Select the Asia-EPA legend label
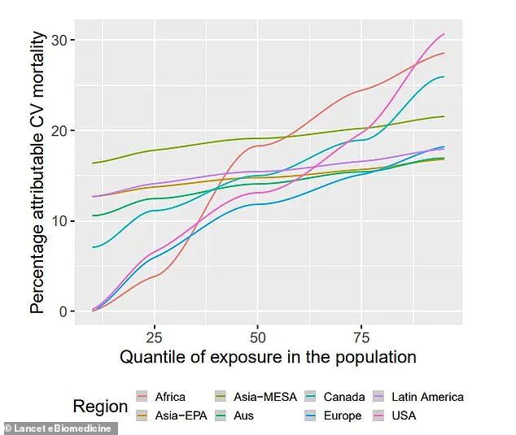[x=180, y=415]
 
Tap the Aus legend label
[x=244, y=415]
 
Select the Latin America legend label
[x=426, y=398]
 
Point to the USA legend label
[x=403, y=415]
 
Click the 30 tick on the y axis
[x=60, y=41]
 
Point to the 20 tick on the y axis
[x=60, y=131]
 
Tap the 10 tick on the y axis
[x=60, y=221]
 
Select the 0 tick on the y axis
[x=64, y=311]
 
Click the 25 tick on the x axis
[x=151, y=337]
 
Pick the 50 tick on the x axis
[x=257, y=337]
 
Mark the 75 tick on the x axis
[x=363, y=337]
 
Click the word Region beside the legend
[x=100, y=407]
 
